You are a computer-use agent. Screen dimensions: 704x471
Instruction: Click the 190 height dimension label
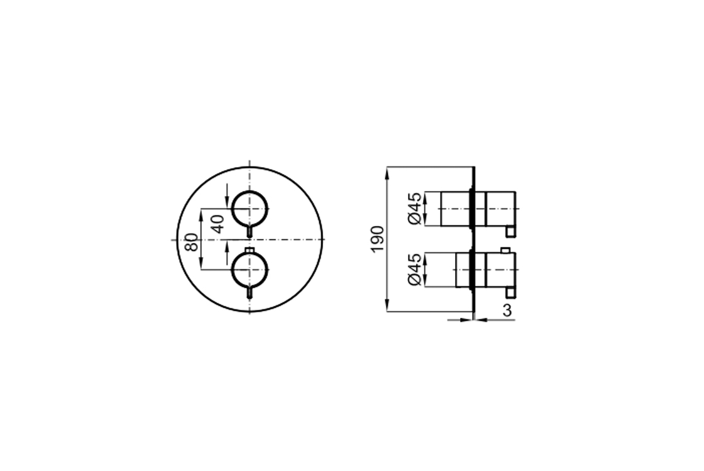[378, 239]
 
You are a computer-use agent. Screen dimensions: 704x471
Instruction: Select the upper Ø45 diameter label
[415, 208]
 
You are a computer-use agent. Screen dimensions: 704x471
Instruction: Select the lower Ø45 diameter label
[415, 269]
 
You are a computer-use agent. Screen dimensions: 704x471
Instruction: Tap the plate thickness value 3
[507, 310]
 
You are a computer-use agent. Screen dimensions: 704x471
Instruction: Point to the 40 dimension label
[217, 224]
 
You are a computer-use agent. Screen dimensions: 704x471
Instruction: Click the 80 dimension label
[191, 242]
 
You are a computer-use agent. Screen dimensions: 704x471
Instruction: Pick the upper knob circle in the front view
[250, 209]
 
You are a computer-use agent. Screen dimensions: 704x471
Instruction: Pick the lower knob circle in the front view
[250, 270]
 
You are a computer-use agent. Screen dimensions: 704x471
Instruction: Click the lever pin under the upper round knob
[250, 232]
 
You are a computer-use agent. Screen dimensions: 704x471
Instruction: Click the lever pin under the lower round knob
[250, 293]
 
